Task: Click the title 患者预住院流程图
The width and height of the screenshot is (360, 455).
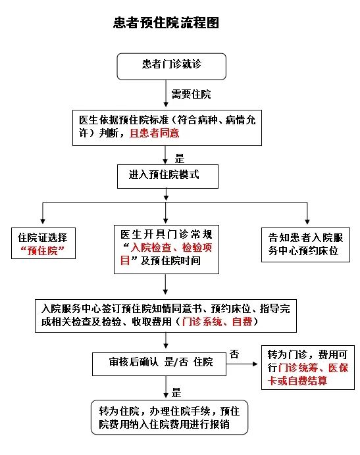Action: pos(166,22)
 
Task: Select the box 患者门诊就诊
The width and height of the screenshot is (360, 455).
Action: pos(171,66)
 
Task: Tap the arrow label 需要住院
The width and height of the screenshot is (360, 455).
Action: pos(191,94)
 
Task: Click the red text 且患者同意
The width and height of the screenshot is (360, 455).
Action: pos(154,133)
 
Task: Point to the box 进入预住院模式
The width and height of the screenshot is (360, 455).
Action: pos(168,176)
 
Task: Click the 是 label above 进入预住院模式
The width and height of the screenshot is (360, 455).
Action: pos(180,158)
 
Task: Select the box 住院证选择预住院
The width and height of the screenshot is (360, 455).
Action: pos(43,243)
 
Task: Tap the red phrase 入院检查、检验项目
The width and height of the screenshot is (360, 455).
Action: pos(167,254)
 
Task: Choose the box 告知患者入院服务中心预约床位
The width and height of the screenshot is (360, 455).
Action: pos(305,245)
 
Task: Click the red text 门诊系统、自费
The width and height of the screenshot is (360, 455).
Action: pos(217,322)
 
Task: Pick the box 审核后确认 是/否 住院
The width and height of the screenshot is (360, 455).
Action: pos(159,364)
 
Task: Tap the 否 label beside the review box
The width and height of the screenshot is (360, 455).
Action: pos(234,354)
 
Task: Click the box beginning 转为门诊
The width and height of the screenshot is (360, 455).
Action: pos(308,368)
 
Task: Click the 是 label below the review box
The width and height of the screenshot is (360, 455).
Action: pos(176,393)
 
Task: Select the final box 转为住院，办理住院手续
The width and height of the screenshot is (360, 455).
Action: pos(169,418)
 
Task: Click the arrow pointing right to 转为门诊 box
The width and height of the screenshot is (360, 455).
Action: pos(242,364)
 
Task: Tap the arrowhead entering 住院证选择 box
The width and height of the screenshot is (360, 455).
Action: pos(43,222)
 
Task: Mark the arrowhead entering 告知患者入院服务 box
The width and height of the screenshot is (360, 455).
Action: pos(307,222)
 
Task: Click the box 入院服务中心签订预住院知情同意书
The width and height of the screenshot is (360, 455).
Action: pos(166,316)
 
